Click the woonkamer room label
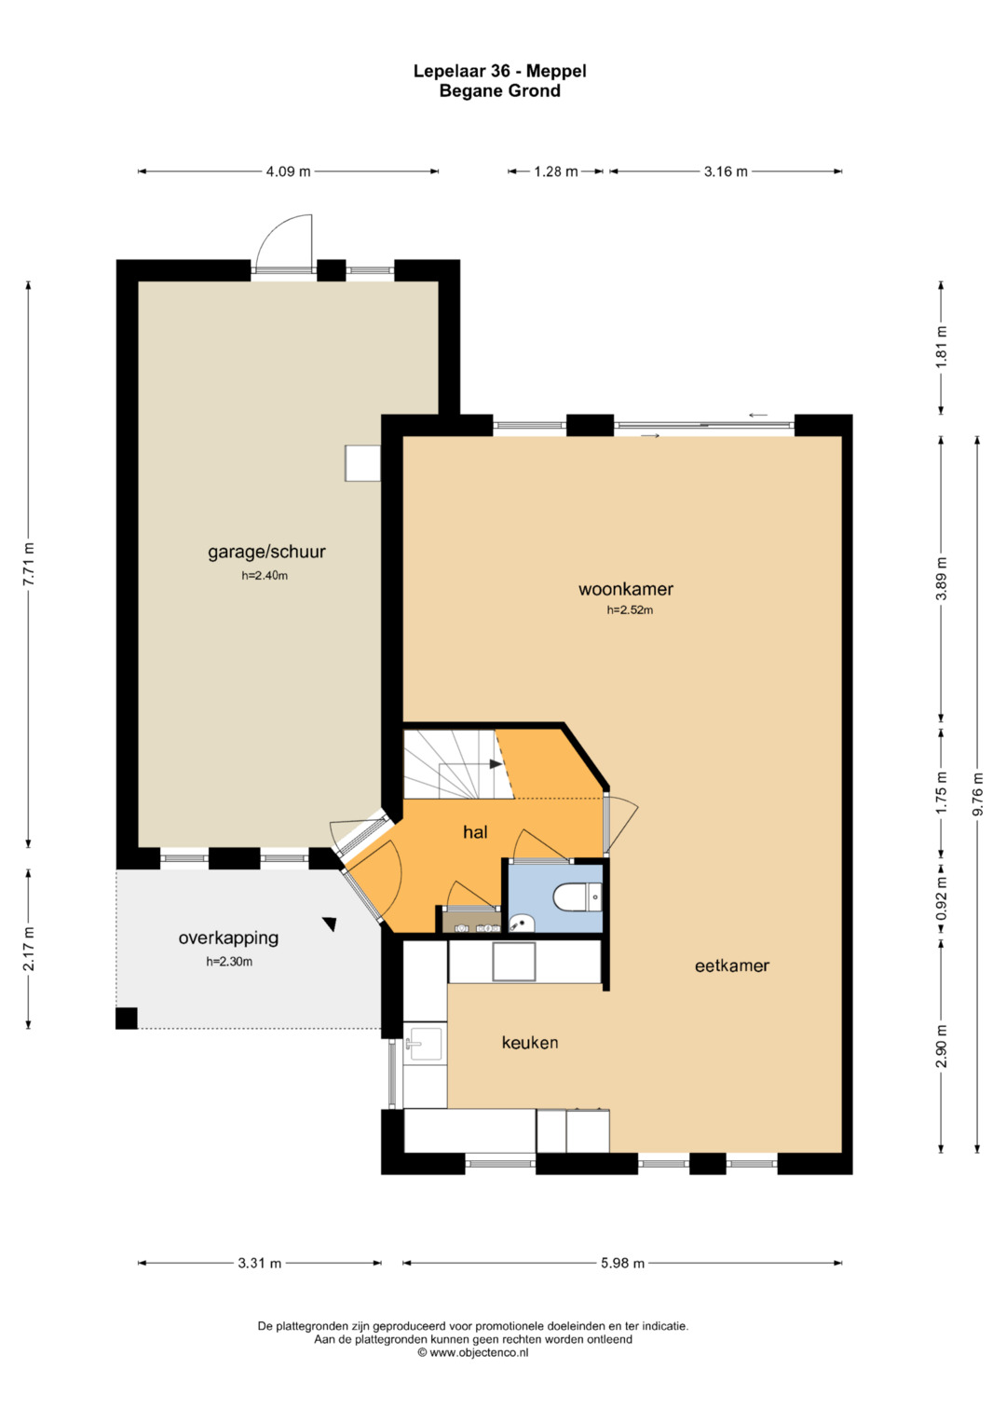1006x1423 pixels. point(626,589)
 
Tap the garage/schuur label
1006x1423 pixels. point(266,552)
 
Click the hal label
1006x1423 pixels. point(475,832)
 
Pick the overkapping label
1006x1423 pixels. point(228,938)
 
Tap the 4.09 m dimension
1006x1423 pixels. point(288,171)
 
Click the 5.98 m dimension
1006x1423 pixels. point(622,1263)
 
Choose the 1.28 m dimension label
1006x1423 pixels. point(556,171)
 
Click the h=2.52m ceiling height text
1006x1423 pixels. point(630,610)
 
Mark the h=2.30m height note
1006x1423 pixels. point(228,962)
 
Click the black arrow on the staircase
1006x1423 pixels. point(496,764)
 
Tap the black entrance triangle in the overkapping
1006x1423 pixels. point(330,924)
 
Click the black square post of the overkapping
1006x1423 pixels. point(127,1019)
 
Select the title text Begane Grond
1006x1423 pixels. point(500,90)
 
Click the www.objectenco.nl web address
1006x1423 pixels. point(479,1352)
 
